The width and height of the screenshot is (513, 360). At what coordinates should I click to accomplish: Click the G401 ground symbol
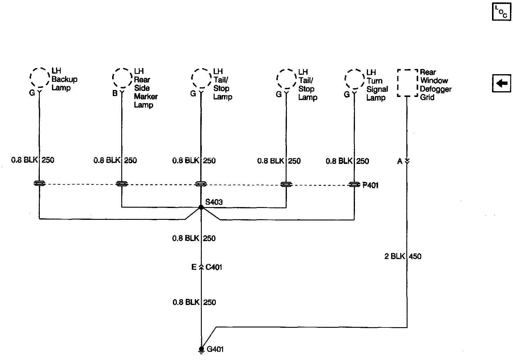coord(201,350)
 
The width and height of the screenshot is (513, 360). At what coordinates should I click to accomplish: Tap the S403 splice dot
coord(201,207)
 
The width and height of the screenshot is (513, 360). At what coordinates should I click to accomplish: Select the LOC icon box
coord(501,12)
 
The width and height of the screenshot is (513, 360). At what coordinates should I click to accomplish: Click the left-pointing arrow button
coord(501,83)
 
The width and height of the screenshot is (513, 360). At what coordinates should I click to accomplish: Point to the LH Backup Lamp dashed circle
coord(40,78)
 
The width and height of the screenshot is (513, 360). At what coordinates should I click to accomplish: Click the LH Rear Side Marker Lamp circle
coord(122,78)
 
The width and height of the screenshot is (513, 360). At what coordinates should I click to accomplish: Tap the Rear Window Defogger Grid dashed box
coord(408,83)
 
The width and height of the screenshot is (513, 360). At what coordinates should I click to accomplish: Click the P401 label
coord(370,185)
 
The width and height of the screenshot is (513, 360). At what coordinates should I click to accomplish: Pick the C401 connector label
coord(214,267)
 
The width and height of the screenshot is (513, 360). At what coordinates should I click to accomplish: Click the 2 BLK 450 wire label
coord(403,256)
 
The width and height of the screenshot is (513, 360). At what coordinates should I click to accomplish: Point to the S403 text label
coord(214,202)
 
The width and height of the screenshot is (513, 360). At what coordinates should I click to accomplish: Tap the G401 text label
coord(215,349)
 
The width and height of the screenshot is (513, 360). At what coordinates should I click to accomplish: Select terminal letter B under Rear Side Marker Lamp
coord(115,93)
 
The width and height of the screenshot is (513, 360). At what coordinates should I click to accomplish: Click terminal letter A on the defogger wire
coord(400,161)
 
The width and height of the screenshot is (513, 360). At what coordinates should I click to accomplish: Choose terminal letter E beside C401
coord(194,267)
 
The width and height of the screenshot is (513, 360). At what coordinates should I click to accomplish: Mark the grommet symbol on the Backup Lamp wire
coord(40,183)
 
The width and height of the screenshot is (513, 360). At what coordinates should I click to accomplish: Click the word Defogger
coord(436,89)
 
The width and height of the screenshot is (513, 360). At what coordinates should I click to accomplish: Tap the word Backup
coord(64,79)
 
